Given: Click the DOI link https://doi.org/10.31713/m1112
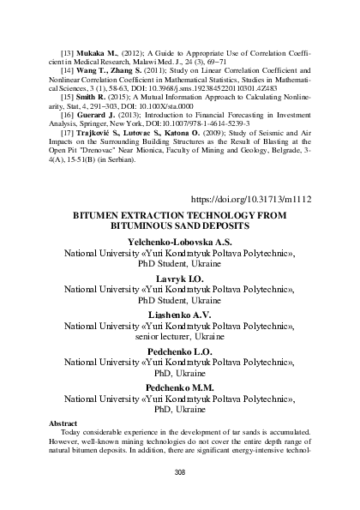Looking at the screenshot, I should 251,200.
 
